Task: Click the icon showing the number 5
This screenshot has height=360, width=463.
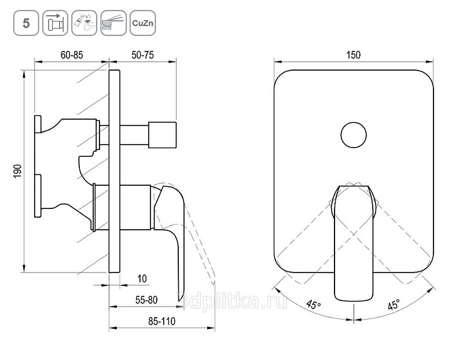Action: pos(26,23)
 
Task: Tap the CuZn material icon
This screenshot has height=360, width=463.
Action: pos(142,23)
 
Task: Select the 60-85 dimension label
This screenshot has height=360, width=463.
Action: pos(72,55)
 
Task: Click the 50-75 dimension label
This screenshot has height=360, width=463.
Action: pos(142,55)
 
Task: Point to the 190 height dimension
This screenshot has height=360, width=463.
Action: pos(18,171)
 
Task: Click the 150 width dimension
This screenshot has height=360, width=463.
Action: pos(354,55)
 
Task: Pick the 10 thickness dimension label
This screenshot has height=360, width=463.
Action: pos(142,278)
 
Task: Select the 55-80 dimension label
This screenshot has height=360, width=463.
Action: pos(146,300)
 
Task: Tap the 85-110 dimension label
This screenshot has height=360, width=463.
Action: pos(162,321)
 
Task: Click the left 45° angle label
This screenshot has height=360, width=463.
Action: pos(313,305)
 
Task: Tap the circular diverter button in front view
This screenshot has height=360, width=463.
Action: pos(354,135)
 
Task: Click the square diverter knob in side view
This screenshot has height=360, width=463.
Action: pos(162,135)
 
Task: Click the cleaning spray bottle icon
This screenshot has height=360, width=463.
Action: pos(84,23)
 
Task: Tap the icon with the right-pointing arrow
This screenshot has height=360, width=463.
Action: pos(55,23)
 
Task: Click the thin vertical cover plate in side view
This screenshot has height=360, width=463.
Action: pos(114,171)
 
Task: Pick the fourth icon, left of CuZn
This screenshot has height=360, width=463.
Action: pos(113,23)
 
